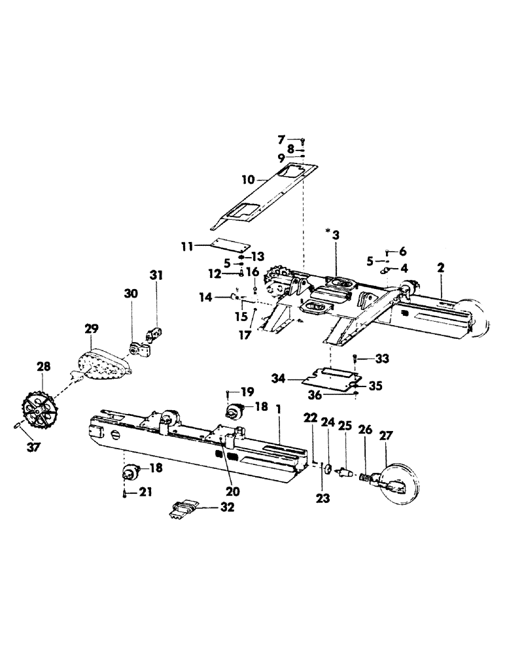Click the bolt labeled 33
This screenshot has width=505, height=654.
click(354, 358)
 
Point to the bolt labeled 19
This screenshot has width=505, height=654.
click(226, 394)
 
